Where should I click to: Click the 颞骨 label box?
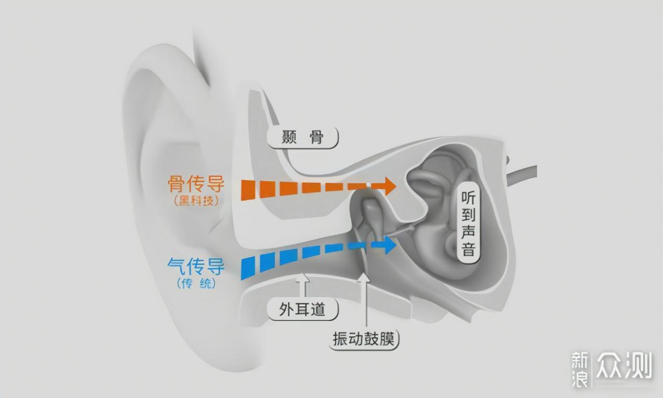coord(303,138)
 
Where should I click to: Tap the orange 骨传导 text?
coord(196,184)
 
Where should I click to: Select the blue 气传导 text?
coord(196,267)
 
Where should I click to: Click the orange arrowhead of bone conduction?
coord(388,185)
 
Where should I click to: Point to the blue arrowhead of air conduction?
coord(388,245)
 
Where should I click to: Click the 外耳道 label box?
coord(303,309)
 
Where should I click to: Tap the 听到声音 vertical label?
coord(469,223)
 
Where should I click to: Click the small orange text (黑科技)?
coord(196,201)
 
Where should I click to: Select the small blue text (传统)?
coord(196,284)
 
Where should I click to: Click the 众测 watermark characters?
coord(624,366)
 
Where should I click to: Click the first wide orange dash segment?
coord(248,189)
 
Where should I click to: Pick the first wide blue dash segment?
coord(248,267)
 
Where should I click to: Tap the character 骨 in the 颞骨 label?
coord(316,138)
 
